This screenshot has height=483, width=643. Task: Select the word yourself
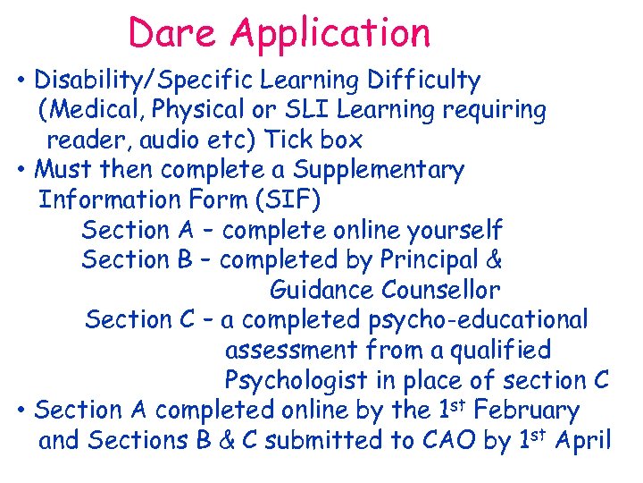[x=455, y=231]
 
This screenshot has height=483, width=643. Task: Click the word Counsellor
[x=441, y=291]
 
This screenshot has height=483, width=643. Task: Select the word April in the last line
[x=581, y=440]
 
